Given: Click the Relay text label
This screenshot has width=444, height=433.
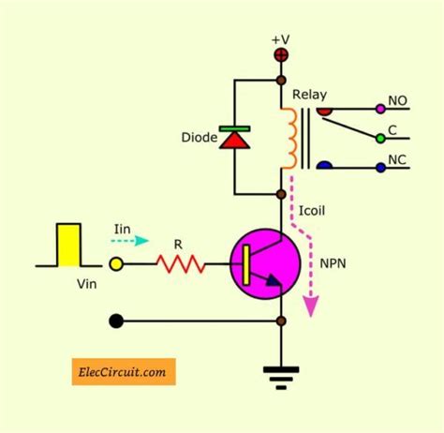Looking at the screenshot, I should click(309, 95).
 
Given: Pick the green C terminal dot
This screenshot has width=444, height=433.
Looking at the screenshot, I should click(380, 138).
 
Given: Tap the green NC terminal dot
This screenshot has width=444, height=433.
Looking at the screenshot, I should click(380, 169).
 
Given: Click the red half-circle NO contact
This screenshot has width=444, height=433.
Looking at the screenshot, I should click(323, 111).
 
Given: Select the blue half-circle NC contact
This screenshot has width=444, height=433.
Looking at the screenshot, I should click(323, 166).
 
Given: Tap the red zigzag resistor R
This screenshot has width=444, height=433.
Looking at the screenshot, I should click(180, 265).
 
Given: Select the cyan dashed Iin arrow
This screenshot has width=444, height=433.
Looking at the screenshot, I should click(132, 240).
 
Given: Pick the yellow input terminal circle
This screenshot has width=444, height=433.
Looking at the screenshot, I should click(116, 265).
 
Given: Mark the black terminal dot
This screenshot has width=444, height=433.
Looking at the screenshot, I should click(116, 321).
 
